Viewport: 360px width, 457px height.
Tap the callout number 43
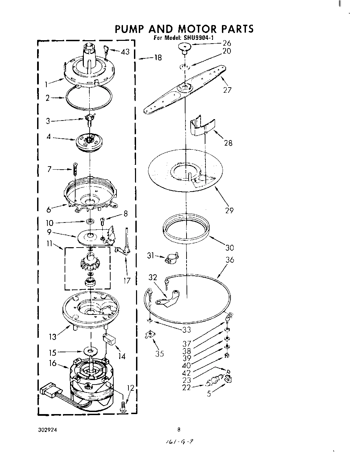pos(125,52)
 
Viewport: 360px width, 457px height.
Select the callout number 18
pos(157,58)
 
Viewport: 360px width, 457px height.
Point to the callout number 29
pos(229,210)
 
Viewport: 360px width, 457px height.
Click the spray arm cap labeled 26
pos(185,48)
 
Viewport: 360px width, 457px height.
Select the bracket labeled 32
pos(168,298)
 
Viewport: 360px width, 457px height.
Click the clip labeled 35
pos(150,334)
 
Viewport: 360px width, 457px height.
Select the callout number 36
pos(229,260)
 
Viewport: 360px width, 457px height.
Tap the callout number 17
pos(127,281)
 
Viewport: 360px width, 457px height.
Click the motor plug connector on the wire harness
pos(50,391)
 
